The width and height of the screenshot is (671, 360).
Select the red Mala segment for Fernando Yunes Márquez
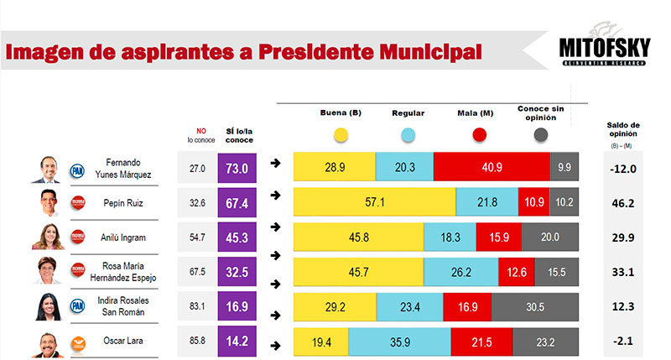[x=492, y=168]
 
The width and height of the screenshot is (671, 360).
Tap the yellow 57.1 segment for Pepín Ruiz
[x=374, y=202]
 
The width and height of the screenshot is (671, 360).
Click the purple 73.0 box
[x=238, y=168]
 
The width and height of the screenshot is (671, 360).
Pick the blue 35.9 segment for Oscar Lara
[x=399, y=342]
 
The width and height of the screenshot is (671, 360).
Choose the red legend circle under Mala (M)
[x=480, y=134]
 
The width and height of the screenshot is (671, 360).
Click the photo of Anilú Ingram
[x=48, y=237]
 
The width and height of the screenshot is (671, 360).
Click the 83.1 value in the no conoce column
[x=198, y=307]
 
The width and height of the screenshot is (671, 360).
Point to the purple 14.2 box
[x=238, y=342]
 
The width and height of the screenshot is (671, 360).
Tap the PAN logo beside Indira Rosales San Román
[x=78, y=307]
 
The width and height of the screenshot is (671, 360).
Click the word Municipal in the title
[x=427, y=52]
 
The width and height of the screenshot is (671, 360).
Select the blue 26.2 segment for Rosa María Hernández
[x=460, y=272]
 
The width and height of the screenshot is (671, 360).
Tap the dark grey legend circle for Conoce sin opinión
[x=540, y=134]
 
